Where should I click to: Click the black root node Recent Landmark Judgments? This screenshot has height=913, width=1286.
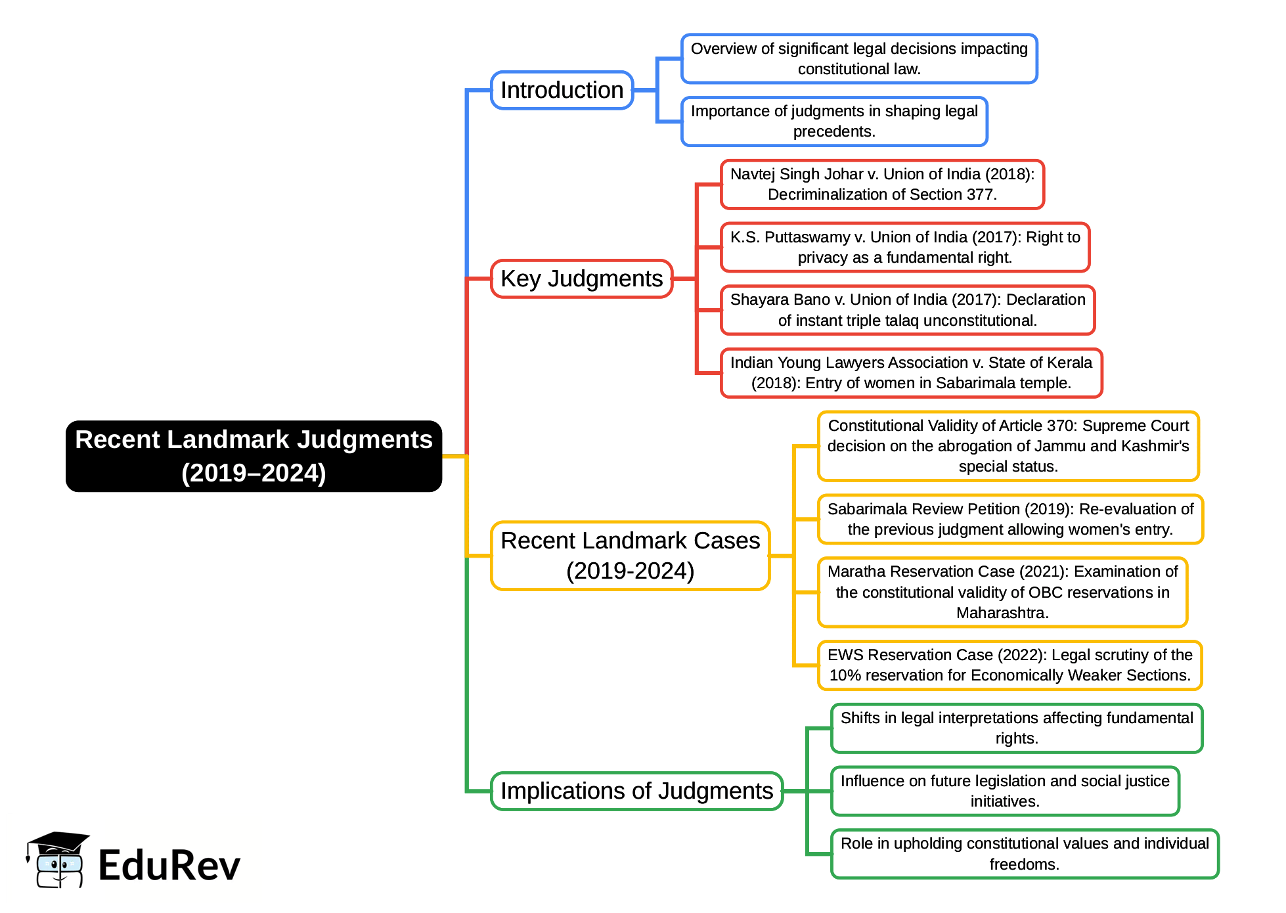point(254,456)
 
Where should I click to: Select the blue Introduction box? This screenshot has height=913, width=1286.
point(562,90)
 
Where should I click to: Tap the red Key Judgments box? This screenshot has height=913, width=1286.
point(581,278)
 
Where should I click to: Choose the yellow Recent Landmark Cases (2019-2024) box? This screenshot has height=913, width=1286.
point(630,556)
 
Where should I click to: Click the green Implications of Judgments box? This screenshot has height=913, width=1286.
point(636,791)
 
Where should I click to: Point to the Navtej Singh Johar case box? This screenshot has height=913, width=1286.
point(881,184)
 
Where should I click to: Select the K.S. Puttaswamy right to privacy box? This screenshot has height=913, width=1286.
point(904,247)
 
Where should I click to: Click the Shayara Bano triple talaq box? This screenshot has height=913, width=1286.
point(907,310)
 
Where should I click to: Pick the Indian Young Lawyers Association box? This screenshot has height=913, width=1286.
point(910,372)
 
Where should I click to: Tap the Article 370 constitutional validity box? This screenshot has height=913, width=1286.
point(1008,446)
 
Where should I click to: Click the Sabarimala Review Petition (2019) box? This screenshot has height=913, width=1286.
point(1009,519)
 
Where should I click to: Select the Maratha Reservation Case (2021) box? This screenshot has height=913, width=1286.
point(1002,592)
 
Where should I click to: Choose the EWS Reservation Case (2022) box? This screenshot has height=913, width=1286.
point(1009,665)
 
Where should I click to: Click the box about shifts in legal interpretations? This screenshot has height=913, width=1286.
point(1016,728)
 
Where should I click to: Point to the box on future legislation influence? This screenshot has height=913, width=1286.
point(1004,791)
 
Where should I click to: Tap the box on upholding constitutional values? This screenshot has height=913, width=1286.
point(1024,853)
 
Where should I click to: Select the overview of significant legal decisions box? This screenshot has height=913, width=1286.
point(858,58)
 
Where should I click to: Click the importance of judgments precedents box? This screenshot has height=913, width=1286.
point(833,121)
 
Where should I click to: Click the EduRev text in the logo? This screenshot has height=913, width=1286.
point(169,865)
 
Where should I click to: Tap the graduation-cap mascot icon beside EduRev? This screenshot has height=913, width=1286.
point(58,860)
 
